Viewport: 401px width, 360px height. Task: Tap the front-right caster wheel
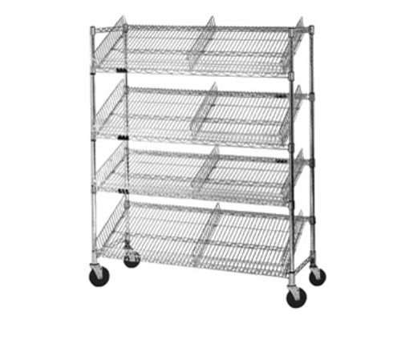[297, 297]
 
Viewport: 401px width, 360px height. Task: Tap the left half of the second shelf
[152, 112]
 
